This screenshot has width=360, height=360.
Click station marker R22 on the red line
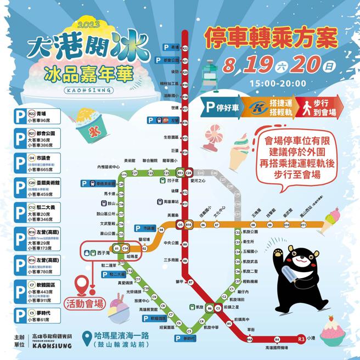[185, 48]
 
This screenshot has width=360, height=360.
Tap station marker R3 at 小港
[300, 340]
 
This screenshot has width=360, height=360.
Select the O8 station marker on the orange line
[253, 224]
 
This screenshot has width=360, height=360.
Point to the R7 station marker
[190, 282]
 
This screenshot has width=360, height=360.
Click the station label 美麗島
[173, 215]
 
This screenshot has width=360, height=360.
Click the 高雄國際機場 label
[266, 348]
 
